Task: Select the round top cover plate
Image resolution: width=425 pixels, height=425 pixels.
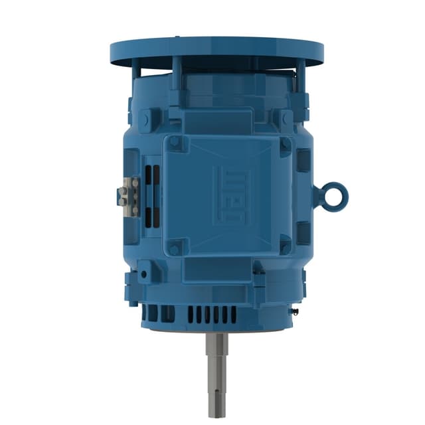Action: point(216,52)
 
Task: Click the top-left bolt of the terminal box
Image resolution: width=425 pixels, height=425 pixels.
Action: point(175,141)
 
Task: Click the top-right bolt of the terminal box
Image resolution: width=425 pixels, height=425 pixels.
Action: point(286,142)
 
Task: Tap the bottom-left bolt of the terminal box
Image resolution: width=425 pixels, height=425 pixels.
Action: point(175,249)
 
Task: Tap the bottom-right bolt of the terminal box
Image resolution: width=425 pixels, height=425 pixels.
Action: point(286,248)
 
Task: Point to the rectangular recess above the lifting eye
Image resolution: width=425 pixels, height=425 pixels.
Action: point(303,159)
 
